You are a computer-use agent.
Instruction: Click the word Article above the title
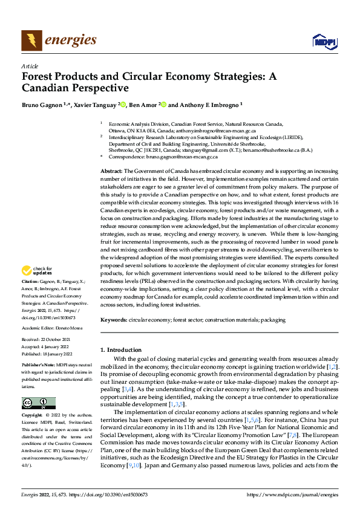pos(30,66)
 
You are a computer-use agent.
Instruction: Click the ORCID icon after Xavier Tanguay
pos(123,105)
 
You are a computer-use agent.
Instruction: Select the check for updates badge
pos(38,271)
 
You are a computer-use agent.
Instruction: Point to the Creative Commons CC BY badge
pos(38,403)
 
